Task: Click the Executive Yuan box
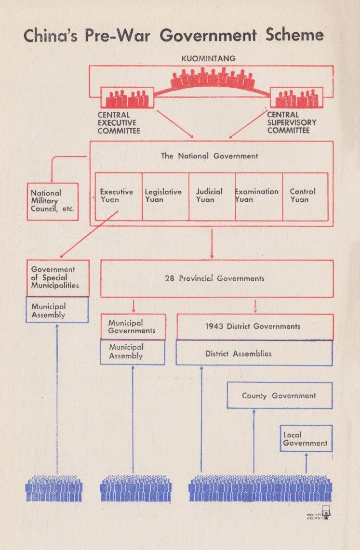pos(119,196)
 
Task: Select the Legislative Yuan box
pos(166,196)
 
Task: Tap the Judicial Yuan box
pos(212,196)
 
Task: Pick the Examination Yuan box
pos(259,196)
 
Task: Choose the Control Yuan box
pos(305,196)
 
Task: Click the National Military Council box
pos(53,201)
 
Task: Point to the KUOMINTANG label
pos(208,59)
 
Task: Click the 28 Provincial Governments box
pos(217,278)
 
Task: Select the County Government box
pos(280,396)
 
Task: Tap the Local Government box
pos(306,438)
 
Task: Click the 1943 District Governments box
pos(255,327)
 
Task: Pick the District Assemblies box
pos(254,353)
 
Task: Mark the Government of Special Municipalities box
pos(58,278)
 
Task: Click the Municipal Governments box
pos(133,327)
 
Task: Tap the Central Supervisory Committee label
pos(292,122)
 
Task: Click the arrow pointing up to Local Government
pos(307,463)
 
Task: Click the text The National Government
pos(210,156)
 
